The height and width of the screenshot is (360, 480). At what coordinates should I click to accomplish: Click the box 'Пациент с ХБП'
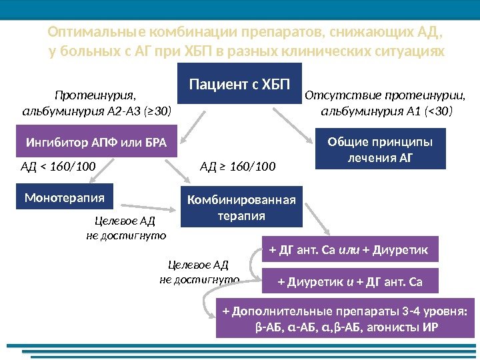click(239, 85)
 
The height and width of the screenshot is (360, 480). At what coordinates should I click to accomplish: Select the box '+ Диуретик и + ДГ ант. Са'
click(349, 281)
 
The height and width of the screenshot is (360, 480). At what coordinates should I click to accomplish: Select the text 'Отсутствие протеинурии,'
click(386, 95)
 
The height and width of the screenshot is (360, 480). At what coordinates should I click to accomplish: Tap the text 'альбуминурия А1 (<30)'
click(387, 110)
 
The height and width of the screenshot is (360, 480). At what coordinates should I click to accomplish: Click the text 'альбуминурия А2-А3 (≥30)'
click(97, 110)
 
